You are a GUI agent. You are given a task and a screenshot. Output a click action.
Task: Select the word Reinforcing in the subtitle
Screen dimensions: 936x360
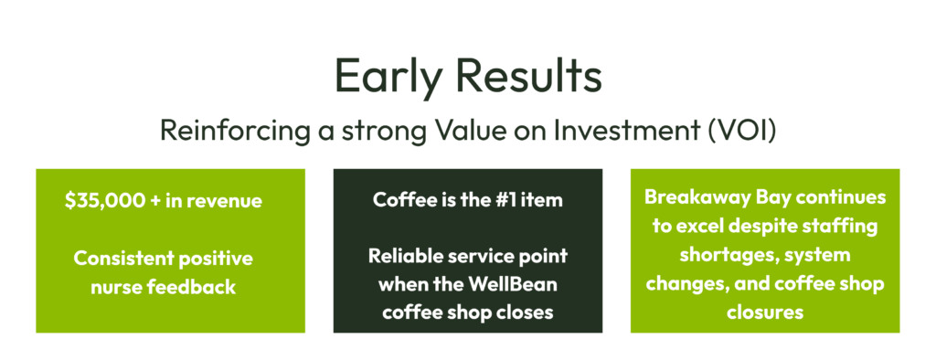click(235, 132)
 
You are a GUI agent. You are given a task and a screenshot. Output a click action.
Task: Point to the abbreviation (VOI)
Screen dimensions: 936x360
click(742, 131)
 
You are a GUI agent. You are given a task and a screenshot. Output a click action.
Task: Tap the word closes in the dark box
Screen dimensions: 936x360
click(525, 312)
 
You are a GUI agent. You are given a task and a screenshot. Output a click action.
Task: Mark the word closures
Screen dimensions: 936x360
click(765, 312)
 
